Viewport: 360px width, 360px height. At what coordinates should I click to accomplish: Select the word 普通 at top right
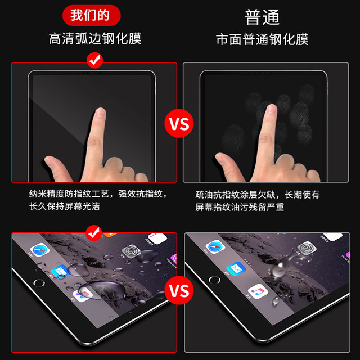[x=262, y=17]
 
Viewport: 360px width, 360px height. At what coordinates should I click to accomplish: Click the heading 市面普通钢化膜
[x=262, y=39]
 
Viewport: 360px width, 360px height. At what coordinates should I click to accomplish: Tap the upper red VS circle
[x=179, y=123]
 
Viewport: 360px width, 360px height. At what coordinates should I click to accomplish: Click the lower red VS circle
[x=179, y=290]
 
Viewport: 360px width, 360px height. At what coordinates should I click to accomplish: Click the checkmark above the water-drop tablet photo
[x=94, y=231]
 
